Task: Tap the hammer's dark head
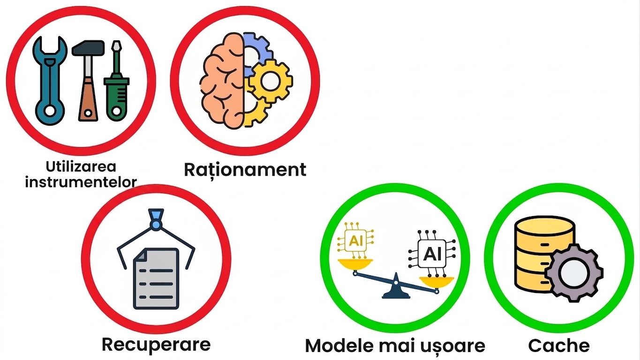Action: pos(88,48)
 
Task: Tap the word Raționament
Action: pos(245,170)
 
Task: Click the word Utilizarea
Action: pos(81,166)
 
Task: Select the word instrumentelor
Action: pos(81,182)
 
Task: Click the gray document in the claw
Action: pos(156,278)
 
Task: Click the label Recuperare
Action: pos(156,344)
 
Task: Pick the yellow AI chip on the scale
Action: pos(355,240)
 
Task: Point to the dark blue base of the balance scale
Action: pos(396,289)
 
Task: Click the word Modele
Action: pos(340,346)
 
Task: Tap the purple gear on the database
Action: pos(574,273)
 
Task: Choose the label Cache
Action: pos(559,346)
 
